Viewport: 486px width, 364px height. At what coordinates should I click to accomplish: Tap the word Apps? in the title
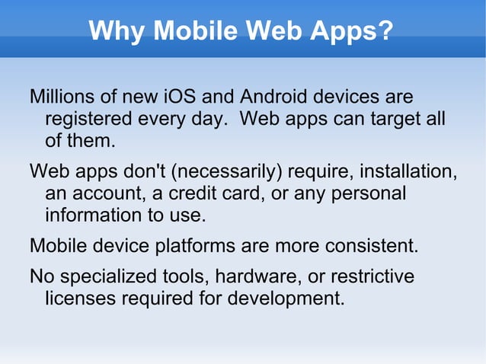(x=354, y=31)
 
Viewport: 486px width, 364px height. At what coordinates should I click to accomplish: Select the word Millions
(x=63, y=98)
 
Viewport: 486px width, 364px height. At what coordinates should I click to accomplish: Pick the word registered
(x=85, y=120)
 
